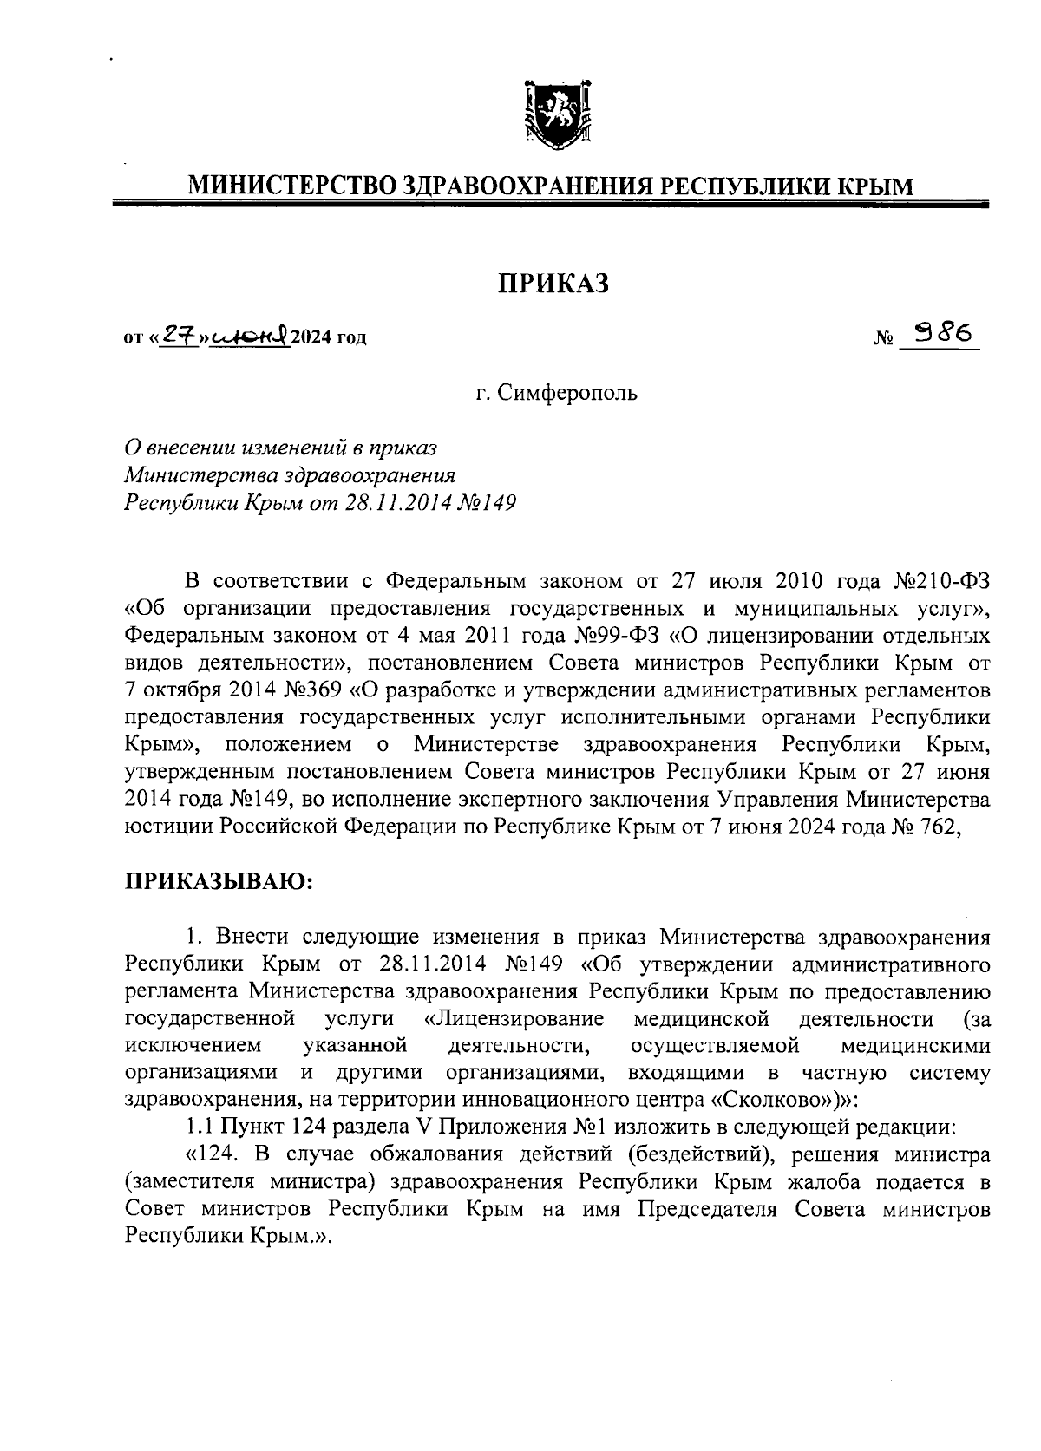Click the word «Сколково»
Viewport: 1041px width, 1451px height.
(x=765, y=1100)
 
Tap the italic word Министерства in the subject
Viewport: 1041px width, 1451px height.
(x=194, y=475)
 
